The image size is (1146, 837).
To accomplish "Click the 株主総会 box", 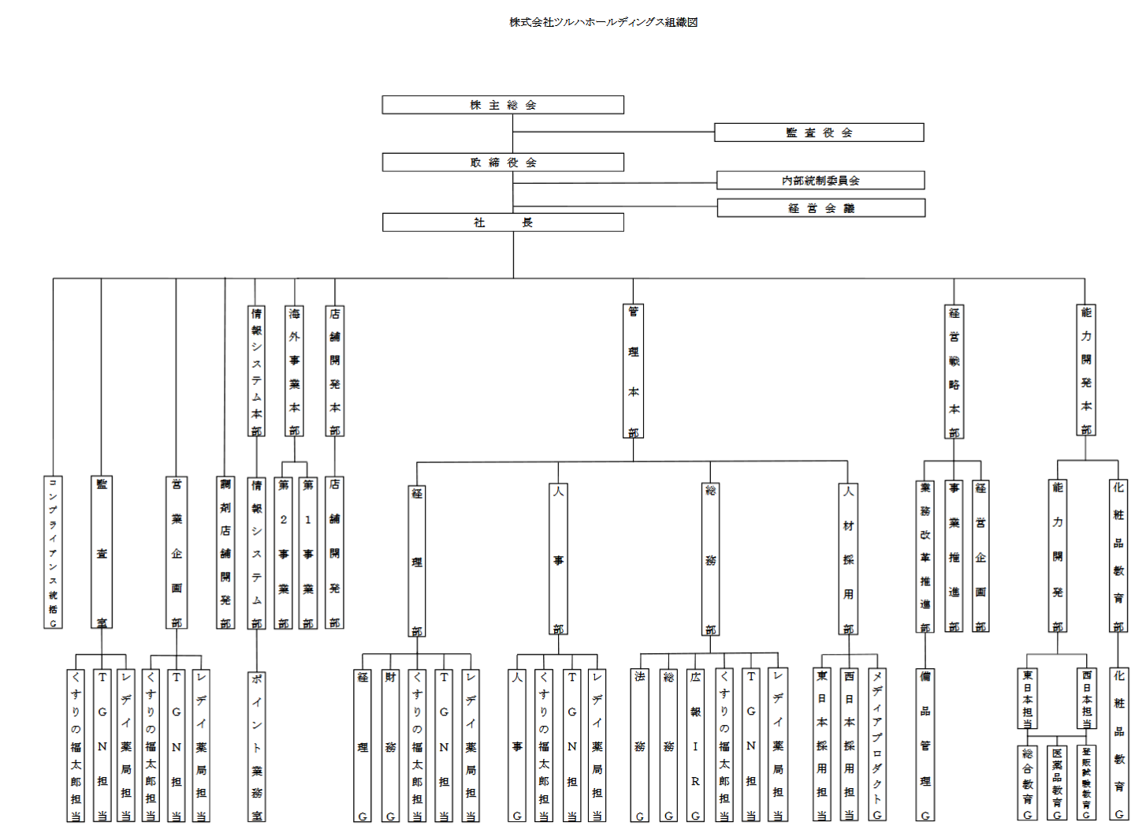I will [x=503, y=105].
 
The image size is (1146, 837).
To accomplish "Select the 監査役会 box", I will [x=819, y=133].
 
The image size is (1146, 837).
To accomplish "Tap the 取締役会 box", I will [x=503, y=163].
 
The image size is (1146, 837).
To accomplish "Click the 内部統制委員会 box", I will [x=820, y=181].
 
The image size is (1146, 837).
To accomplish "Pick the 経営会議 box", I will [x=820, y=208].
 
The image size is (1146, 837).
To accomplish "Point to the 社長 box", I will [x=503, y=222].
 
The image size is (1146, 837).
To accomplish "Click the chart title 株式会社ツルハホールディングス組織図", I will [x=603, y=22].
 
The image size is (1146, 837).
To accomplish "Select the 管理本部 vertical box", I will [x=633, y=372].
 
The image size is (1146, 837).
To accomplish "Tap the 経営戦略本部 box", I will [x=954, y=372].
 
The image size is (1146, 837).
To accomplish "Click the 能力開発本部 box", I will [x=1086, y=371].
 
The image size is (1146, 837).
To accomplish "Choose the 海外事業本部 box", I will [x=294, y=371].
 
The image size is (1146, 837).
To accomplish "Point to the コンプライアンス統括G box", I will [x=53, y=552].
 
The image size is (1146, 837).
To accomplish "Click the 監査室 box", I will [x=102, y=552].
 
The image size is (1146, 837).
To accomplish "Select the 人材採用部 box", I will [x=848, y=559].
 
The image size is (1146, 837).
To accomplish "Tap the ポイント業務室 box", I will [x=257, y=746].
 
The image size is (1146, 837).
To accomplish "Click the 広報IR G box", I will [x=695, y=745].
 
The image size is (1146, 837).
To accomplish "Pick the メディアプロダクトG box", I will [x=877, y=745].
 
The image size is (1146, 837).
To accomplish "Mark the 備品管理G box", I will [x=925, y=745].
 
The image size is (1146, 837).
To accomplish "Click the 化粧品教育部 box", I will [x=1118, y=556].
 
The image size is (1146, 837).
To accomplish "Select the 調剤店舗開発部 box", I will [x=225, y=552].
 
